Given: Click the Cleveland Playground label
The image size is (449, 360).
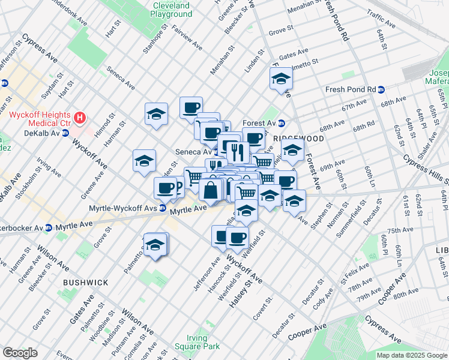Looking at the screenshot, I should pos(170,10).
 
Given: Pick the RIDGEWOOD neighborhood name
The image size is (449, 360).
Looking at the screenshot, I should pos(303,138).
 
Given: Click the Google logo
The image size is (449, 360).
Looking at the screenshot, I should pos(20,353).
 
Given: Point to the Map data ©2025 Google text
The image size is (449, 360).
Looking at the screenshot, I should pos(412,355).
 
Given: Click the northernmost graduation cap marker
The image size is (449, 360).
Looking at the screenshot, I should pos(280,79).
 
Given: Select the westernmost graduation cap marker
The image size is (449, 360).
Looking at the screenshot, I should pos(144,160).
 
